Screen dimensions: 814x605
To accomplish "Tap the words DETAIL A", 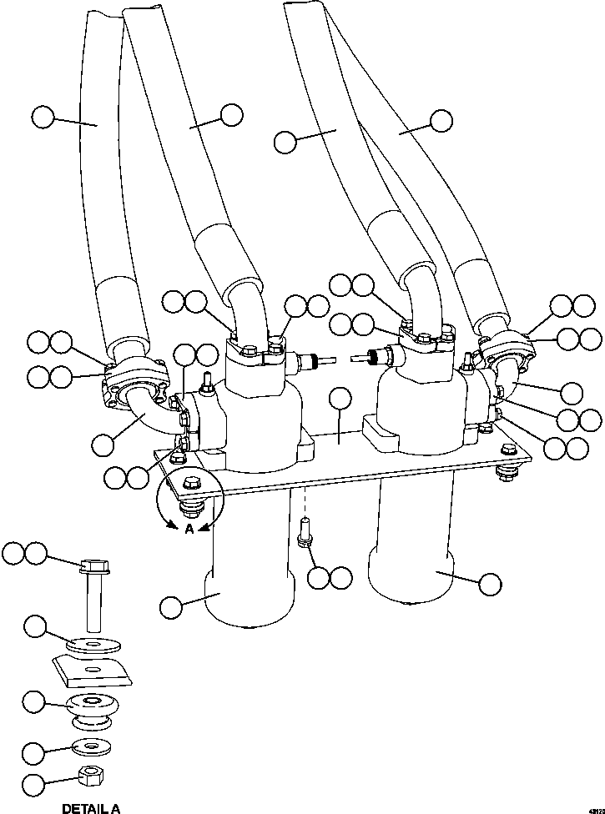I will pyautogui.click(x=91, y=807).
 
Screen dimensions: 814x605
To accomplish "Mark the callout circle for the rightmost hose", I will pyautogui.click(x=441, y=120).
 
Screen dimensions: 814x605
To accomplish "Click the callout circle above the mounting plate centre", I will pyautogui.click(x=340, y=399).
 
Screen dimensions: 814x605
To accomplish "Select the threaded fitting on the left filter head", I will pyautogui.click(x=311, y=363).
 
